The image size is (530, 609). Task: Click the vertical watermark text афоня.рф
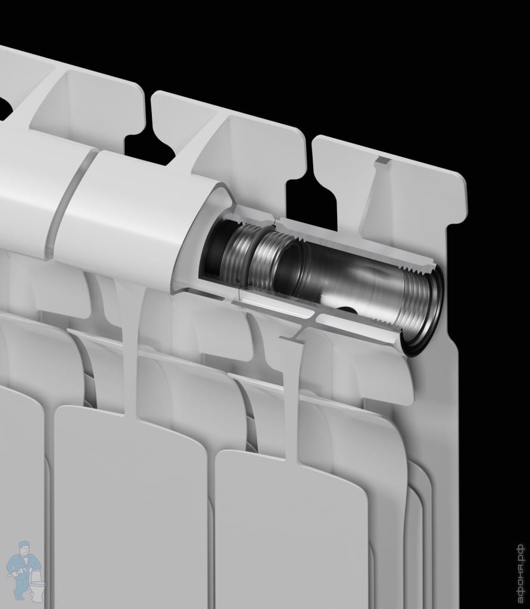(x=520, y=572)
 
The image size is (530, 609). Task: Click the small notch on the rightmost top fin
(x=382, y=160)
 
